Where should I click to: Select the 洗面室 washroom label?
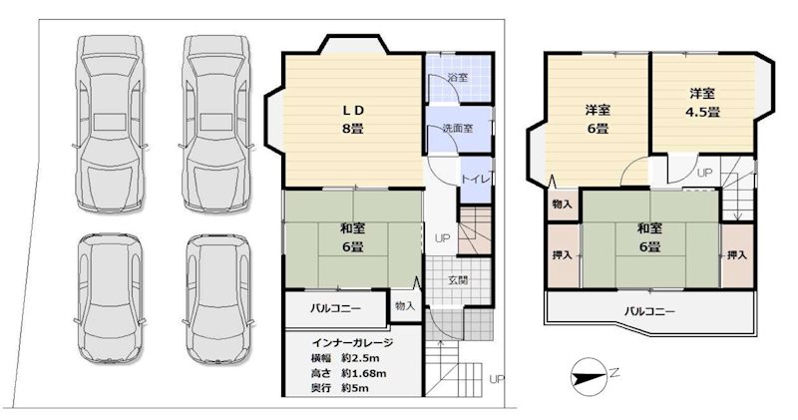click(444, 129)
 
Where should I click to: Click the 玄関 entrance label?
click(459, 278)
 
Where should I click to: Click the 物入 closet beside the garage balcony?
click(404, 306)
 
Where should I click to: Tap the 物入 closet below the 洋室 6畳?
click(561, 204)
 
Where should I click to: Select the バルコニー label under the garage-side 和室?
click(334, 306)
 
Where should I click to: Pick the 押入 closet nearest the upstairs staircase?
click(737, 255)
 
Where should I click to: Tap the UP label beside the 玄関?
click(441, 237)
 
